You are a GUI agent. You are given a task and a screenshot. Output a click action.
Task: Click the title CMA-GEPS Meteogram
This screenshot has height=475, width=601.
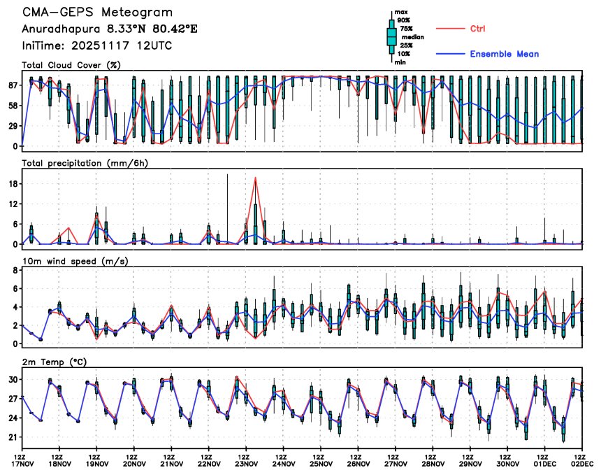pyautogui.click(x=97, y=13)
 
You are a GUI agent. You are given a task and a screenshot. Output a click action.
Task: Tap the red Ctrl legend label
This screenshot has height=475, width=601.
pyautogui.click(x=478, y=29)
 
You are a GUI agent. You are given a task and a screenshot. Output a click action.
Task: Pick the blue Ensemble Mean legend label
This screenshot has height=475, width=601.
pyautogui.click(x=504, y=54)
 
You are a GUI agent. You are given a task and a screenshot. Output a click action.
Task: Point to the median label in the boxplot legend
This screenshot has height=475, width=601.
pyautogui.click(x=406, y=38)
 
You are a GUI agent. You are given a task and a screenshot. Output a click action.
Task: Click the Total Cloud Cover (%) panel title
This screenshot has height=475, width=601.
pyautogui.click(x=71, y=65)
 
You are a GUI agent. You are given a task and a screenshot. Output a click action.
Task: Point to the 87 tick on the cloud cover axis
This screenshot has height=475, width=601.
pyautogui.click(x=12, y=85)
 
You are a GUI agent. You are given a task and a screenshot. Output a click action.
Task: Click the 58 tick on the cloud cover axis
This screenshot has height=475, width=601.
pyautogui.click(x=12, y=106)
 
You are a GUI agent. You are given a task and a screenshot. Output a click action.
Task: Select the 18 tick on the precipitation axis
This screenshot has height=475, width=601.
pyautogui.click(x=12, y=184)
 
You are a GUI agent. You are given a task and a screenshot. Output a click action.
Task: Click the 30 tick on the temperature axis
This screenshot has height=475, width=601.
pyautogui.click(x=12, y=379)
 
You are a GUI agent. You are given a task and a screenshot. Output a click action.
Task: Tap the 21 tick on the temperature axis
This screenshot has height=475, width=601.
pyautogui.click(x=12, y=437)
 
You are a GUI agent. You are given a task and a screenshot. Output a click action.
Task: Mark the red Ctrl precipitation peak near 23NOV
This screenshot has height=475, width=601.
pyautogui.click(x=255, y=178)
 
